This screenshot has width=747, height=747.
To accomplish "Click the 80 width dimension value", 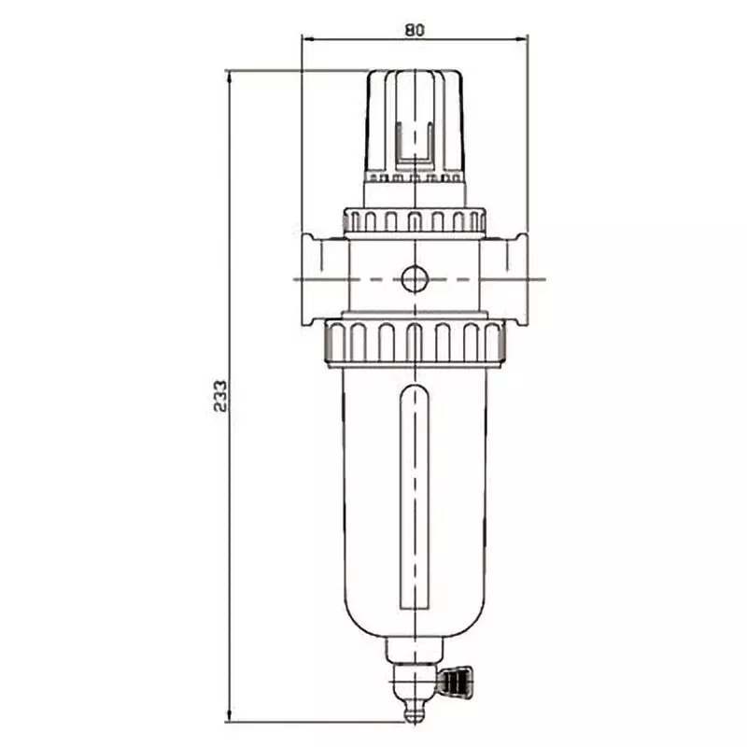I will pos(415,29).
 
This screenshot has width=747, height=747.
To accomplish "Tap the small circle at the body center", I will pos(414,277).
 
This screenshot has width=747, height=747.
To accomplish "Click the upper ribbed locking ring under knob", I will pos(415,220).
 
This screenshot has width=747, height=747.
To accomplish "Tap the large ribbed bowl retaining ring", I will pos(415,342).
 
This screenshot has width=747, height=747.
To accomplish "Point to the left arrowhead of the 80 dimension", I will pos(306,39).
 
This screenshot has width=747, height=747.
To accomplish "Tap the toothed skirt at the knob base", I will pos(415,176).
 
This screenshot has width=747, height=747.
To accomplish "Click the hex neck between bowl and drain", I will pos(414,652).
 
